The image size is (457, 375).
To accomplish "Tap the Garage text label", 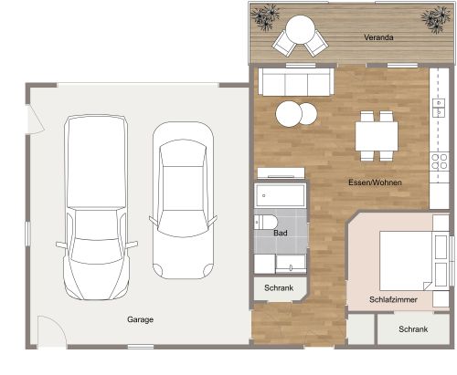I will coord(140,319).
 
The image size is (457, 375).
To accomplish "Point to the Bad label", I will coord(282,234).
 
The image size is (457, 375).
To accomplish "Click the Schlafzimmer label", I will coord(394,298).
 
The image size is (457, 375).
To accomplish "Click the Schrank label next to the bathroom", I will coord(279,288).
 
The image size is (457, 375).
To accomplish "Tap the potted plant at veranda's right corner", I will coord(432,17).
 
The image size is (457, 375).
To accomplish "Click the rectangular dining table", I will coord(377,134).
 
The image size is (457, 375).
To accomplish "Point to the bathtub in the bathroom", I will coord(281,195).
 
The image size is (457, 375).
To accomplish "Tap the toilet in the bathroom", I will coord(266,223).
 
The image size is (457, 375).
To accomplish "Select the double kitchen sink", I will coord(437,109).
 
